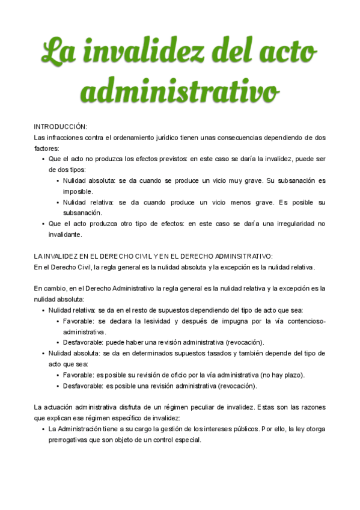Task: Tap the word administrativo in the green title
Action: click(180, 92)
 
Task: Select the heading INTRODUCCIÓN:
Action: click(61, 127)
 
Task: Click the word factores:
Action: click(47, 148)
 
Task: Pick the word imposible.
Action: click(79, 191)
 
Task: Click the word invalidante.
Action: click(65, 235)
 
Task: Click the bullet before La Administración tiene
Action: click(43, 429)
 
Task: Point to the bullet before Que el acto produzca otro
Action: click(43, 224)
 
